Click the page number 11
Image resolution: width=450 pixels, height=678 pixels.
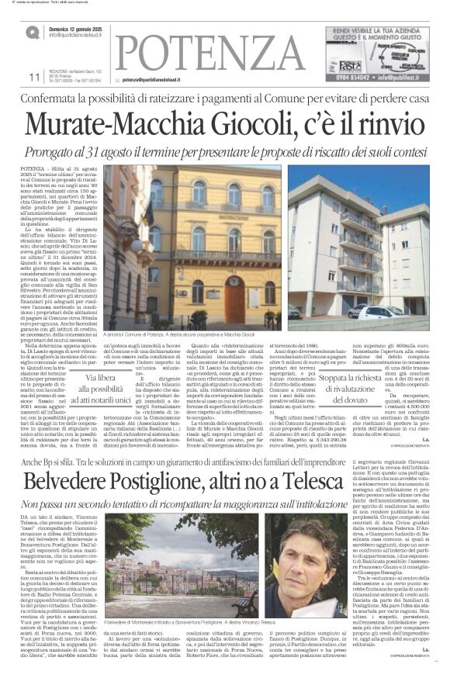pos(33,77)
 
